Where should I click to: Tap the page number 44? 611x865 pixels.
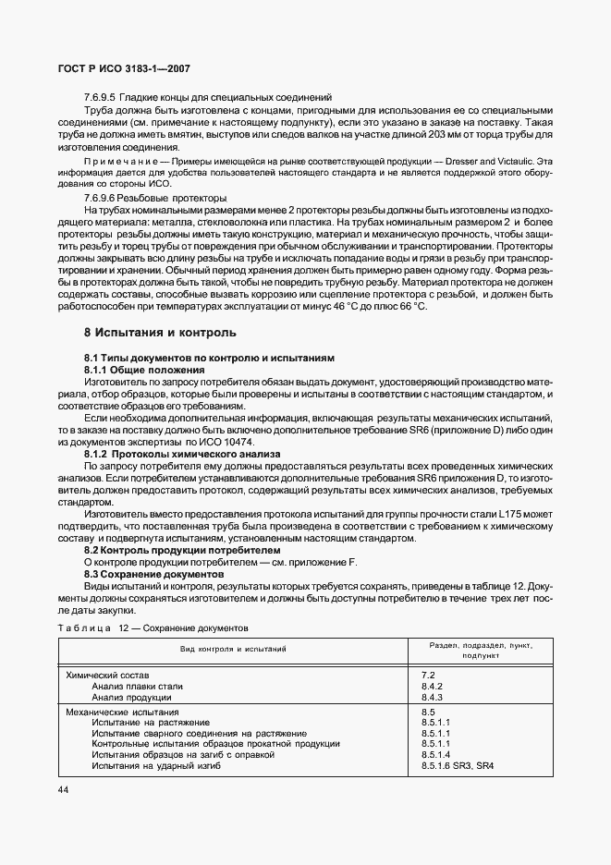[x=63, y=789]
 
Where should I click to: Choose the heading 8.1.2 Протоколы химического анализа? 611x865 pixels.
[x=175, y=453]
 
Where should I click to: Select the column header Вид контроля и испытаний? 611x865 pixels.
[x=233, y=650]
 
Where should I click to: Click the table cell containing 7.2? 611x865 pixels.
[x=427, y=676]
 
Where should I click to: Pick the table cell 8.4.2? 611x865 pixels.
[x=432, y=687]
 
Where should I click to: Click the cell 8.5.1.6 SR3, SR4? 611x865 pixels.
[x=458, y=765]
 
